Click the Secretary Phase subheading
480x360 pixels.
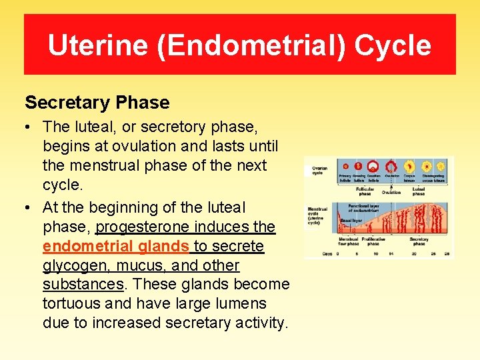pyautogui.click(x=97, y=103)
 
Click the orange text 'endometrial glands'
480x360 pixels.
pyautogui.click(x=116, y=246)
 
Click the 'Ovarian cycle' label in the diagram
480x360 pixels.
pyautogui.click(x=318, y=171)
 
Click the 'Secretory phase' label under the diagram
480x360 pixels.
pyautogui.click(x=419, y=241)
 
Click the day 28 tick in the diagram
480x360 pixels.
pyautogui.click(x=447, y=254)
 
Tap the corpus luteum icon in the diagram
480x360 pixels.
pyautogui.click(x=408, y=165)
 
